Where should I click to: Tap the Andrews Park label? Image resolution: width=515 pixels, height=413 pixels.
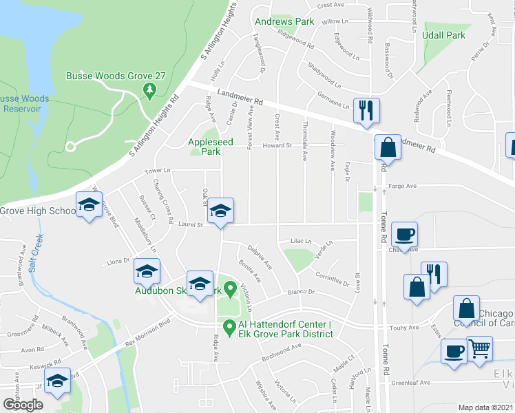[284, 22]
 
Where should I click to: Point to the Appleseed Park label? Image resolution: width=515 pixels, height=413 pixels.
[216, 143]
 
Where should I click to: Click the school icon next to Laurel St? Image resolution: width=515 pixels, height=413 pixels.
[220, 210]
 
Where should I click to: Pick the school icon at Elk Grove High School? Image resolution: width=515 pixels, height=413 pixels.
[88, 204]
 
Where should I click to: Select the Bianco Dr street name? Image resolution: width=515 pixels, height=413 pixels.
[302, 293]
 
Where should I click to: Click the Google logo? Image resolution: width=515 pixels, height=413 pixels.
[22, 405]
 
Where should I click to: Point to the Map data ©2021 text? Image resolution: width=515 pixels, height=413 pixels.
[485, 407]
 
